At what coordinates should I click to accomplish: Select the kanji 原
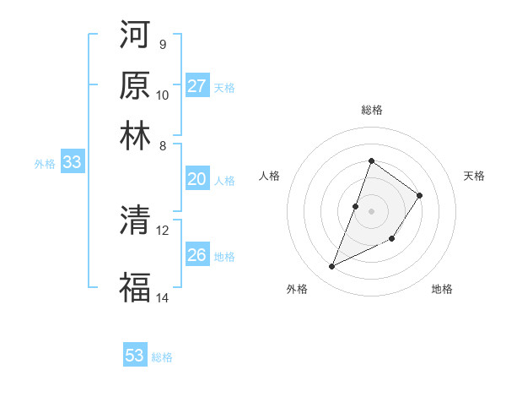point(135,85)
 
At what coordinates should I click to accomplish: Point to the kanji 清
point(135,222)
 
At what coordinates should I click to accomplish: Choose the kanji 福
point(135,287)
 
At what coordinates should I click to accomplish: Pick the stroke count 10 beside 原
point(163,95)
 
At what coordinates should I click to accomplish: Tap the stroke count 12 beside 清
point(163,230)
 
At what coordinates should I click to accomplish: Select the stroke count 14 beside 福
point(163,297)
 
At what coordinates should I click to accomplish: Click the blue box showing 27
point(197,86)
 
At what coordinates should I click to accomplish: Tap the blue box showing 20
point(197,179)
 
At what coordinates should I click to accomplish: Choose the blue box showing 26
point(197,254)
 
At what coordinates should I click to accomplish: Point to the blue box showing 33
point(72,163)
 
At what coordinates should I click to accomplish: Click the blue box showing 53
point(135,356)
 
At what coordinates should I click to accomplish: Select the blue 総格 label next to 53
point(162,357)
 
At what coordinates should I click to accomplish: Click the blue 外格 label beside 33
point(45,165)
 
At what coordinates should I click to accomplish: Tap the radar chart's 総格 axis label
point(371,110)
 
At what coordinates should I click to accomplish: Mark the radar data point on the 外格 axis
point(331,267)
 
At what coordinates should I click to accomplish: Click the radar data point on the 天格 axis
point(419,195)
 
